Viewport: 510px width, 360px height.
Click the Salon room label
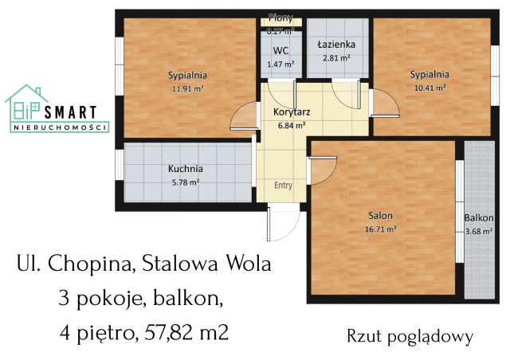point(379,216)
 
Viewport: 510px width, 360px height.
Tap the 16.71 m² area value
point(379,229)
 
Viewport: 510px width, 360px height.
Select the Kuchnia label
point(185,169)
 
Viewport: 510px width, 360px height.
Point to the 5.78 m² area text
point(185,182)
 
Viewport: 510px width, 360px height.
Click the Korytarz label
point(285,112)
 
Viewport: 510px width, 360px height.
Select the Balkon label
point(479,217)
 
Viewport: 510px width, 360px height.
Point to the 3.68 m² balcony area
point(479,232)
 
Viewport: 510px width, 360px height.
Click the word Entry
point(283,185)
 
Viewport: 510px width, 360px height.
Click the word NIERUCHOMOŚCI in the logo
point(60,127)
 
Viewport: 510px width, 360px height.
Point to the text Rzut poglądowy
point(410,336)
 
